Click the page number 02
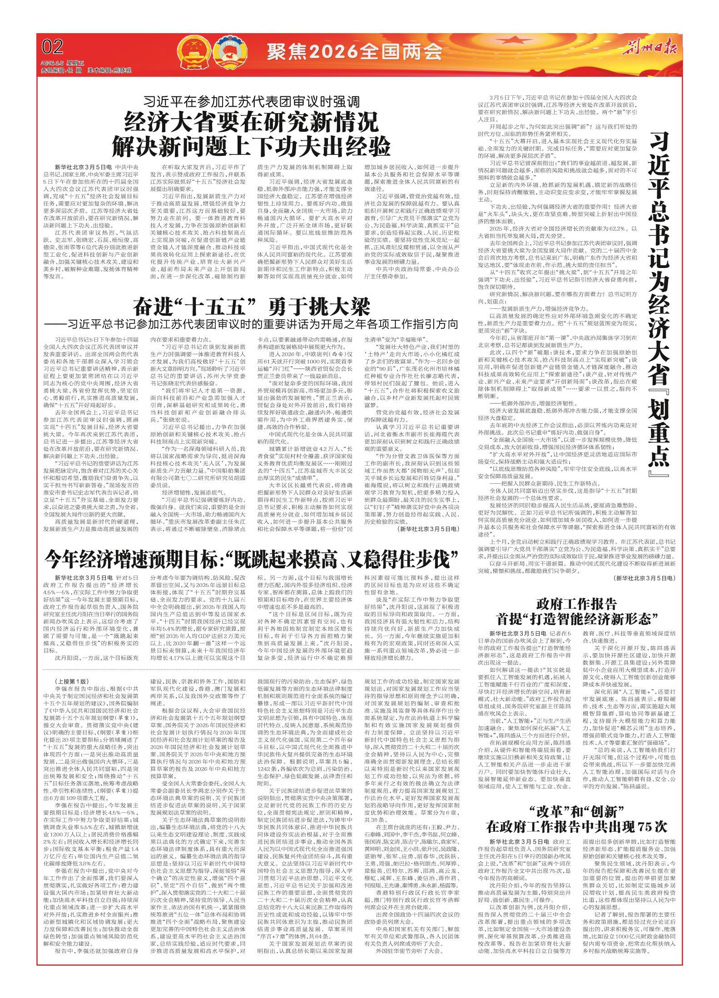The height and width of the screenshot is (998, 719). click(x=52, y=47)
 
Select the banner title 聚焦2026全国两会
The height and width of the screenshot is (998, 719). click(x=354, y=53)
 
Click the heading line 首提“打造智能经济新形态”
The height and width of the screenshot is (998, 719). click(x=576, y=618)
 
